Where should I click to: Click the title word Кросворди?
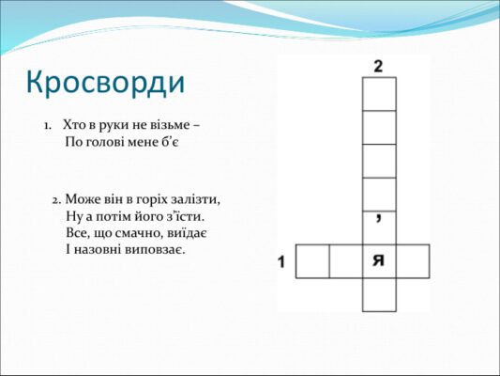pyautogui.click(x=105, y=83)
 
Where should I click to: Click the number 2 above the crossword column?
pyautogui.click(x=378, y=66)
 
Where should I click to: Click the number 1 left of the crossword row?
pyautogui.click(x=280, y=261)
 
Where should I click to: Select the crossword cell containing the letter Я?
pyautogui.click(x=379, y=260)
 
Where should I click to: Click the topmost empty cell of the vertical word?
pyautogui.click(x=379, y=94)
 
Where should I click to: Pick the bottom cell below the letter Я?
pyautogui.click(x=379, y=294)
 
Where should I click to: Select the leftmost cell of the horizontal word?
pyautogui.click(x=311, y=260)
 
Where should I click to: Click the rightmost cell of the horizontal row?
pyautogui.click(x=413, y=260)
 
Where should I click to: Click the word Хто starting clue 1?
pyautogui.click(x=74, y=125)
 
